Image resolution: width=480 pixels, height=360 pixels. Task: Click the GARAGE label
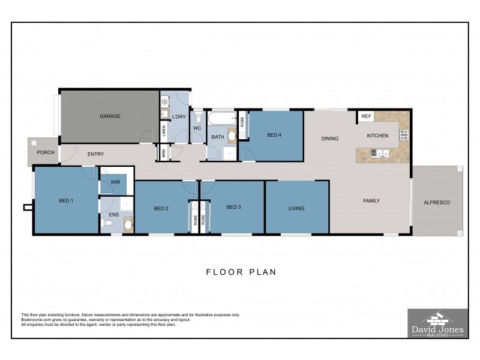tap(110, 116)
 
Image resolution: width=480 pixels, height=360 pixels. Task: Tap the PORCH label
tap(46, 152)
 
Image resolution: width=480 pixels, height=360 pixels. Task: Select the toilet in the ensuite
tap(108, 224)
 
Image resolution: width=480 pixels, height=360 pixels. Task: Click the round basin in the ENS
tap(128, 226)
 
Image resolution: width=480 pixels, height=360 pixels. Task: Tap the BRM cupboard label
tap(164, 154)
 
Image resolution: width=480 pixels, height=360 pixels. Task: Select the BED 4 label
tap(274, 135)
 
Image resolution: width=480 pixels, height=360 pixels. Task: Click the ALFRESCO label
tap(437, 203)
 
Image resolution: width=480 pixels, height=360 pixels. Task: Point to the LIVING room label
tap(296, 209)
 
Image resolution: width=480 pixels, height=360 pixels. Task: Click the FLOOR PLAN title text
tap(241, 272)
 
